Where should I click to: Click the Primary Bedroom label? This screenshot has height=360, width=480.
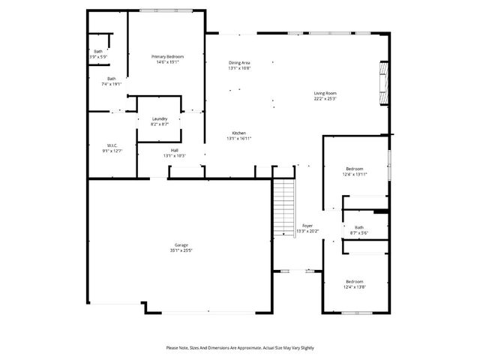[167, 57]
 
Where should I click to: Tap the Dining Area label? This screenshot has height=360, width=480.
[239, 62]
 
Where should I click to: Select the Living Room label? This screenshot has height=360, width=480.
[325, 93]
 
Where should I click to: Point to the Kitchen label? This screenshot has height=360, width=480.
[238, 133]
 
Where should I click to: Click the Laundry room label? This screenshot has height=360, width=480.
[159, 118]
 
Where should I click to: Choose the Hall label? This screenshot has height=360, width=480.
[174, 150]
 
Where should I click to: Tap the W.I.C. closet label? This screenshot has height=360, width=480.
[110, 145]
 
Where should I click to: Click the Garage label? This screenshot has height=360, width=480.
[181, 244]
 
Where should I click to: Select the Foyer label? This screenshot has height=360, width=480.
[307, 226]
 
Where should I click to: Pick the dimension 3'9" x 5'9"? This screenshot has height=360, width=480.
[98, 57]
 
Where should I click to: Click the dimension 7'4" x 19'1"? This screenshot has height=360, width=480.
[111, 84]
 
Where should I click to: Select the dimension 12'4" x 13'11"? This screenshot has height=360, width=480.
[355, 174]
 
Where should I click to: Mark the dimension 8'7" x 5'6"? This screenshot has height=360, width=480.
[358, 232]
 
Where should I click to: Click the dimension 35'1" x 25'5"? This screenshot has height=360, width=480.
[181, 250]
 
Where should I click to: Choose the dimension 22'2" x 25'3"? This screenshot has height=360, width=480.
[325, 98]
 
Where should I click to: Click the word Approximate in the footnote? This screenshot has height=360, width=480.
[248, 348]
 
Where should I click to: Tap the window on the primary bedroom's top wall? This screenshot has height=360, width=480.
[159, 10]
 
